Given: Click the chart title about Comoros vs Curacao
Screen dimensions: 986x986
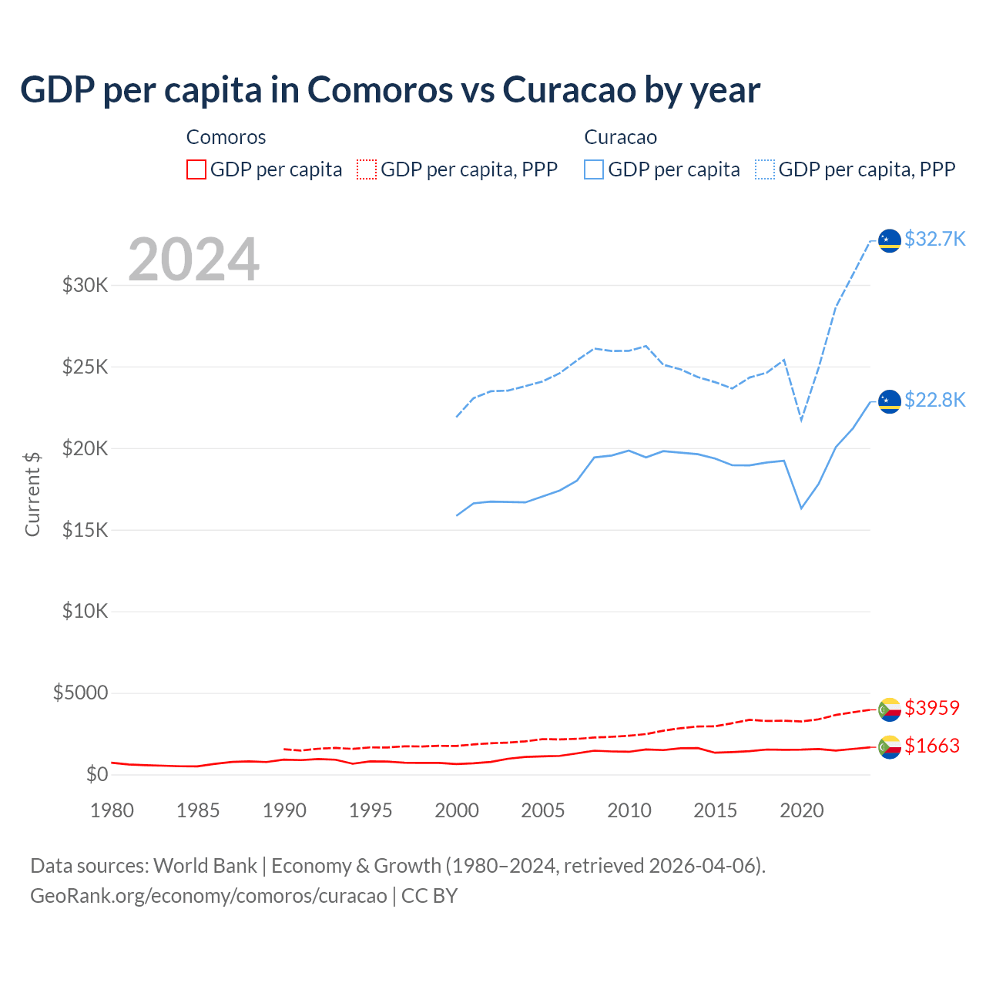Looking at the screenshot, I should (390, 90).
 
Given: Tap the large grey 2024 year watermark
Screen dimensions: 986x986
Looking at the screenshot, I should (193, 260).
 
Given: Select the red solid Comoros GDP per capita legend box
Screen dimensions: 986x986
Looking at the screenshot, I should (196, 169).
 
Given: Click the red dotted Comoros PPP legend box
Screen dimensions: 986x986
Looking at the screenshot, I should (367, 169).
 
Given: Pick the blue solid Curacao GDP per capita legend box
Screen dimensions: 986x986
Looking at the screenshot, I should (594, 169).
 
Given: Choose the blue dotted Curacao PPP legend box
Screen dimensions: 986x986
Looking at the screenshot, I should (765, 169).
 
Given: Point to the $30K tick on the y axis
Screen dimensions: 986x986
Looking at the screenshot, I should (86, 286).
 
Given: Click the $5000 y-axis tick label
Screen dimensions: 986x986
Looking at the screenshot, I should (80, 693).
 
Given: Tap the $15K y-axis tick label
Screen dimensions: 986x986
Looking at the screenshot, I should (86, 530).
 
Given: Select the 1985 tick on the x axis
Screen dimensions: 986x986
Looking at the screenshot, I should (198, 810).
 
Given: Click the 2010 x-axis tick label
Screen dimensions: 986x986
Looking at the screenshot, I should (629, 810).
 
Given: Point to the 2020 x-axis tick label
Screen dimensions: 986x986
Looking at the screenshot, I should (802, 810).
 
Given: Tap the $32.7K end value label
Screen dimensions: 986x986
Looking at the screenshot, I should (934, 240).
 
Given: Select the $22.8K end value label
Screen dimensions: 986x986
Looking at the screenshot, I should (934, 401).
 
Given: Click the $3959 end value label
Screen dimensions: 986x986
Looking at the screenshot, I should (932, 708).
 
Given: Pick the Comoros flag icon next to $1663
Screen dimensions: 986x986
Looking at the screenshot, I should (890, 747).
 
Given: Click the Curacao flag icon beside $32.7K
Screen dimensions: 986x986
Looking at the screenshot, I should (890, 241).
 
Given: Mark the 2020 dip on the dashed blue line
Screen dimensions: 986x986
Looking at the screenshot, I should (801, 421).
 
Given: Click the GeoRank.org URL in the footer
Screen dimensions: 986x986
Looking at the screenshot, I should (209, 896).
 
